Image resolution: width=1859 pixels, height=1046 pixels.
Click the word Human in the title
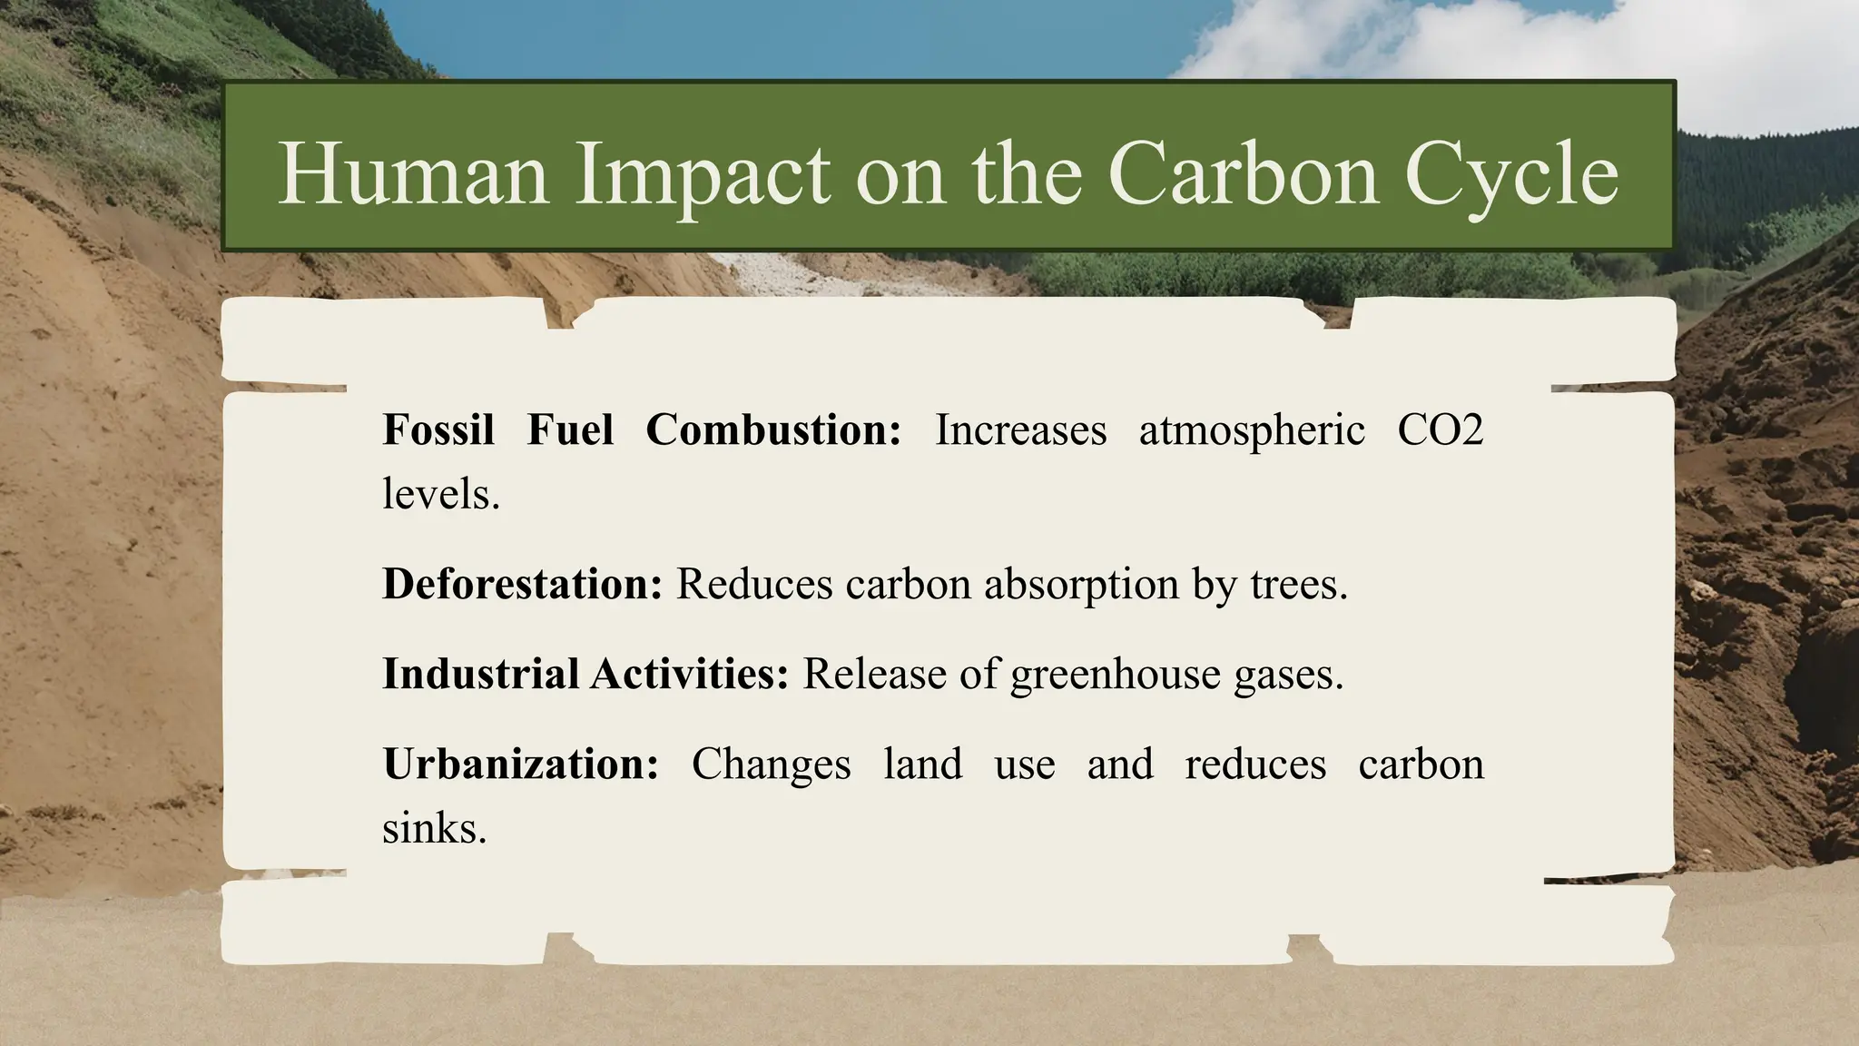[413, 173]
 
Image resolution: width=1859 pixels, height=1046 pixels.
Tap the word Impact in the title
[702, 173]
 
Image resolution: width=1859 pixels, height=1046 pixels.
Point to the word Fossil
[438, 429]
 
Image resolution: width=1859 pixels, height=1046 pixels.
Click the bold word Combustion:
[773, 429]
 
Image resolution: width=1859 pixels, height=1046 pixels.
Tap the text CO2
[1440, 429]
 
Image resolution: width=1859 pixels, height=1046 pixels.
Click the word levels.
[441, 494]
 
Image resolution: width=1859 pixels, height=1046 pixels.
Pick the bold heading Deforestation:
[523, 583]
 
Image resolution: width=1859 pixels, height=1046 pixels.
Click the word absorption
[1081, 585]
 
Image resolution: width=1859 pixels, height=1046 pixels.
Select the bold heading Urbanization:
[520, 764]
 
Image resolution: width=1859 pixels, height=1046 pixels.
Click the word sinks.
[434, 828]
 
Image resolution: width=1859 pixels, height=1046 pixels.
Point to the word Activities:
[690, 674]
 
